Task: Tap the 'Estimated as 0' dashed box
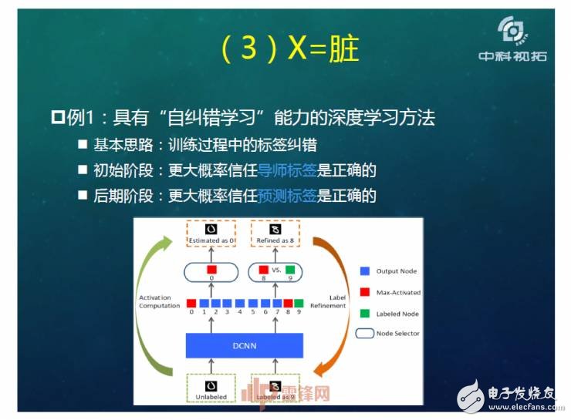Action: tap(211, 234)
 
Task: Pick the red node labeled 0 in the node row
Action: tap(191, 303)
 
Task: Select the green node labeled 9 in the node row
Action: tap(299, 303)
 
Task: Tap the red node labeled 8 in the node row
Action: tap(288, 303)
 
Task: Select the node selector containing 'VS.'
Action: tap(275, 272)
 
